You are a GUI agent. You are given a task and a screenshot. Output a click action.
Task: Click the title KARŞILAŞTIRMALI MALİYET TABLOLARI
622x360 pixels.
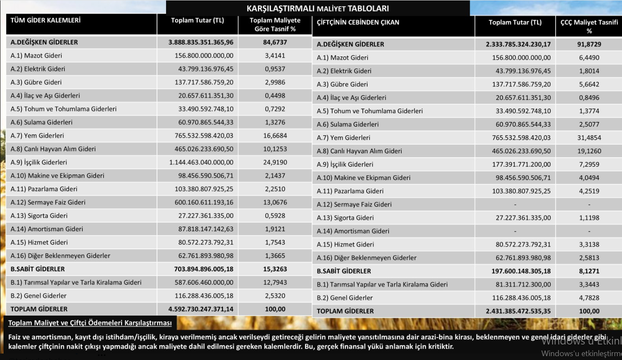317,8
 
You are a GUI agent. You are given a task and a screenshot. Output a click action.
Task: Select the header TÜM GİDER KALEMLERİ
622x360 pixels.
45,20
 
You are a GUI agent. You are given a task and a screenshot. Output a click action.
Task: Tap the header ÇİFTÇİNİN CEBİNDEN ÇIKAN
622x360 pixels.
358,22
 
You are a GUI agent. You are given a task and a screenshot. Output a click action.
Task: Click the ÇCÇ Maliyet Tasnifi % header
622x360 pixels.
589,26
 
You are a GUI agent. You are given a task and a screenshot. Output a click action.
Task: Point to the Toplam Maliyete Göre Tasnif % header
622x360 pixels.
275,24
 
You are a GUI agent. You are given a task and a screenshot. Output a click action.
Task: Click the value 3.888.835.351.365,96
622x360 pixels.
201,42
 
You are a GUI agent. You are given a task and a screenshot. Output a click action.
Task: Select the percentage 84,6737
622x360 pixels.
275,42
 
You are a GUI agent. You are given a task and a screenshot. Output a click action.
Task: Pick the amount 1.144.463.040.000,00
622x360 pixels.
201,162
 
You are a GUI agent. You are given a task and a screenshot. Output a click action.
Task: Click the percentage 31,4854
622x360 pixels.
589,138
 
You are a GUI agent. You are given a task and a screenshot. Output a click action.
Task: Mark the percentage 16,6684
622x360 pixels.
275,135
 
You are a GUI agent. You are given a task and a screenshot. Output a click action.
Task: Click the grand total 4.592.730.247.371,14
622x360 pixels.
201,309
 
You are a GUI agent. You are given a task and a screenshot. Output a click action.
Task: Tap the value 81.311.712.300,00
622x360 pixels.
523,284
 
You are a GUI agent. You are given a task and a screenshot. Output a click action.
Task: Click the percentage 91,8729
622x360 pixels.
589,44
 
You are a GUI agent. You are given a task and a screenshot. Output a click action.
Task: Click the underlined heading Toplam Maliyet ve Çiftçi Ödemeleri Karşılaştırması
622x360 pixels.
90,323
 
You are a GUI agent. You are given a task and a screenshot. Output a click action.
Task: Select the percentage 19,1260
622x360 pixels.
589,151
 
